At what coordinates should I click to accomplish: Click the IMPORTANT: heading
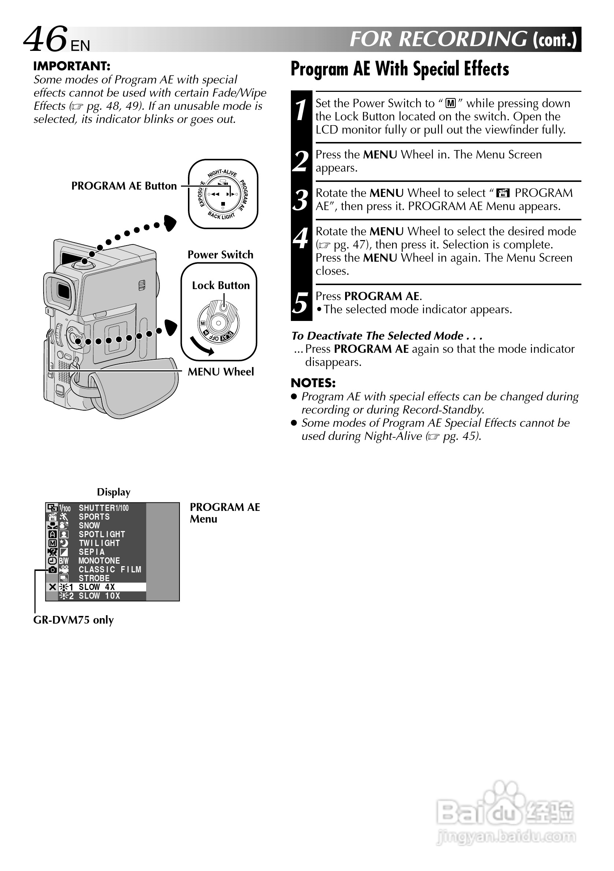click(72, 66)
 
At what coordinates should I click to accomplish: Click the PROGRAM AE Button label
click(124, 186)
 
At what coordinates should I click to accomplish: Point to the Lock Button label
click(221, 285)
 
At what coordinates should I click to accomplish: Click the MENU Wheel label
click(221, 372)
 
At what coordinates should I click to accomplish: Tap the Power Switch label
click(220, 255)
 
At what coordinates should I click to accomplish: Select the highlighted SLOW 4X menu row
click(96, 587)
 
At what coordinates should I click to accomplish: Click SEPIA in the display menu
click(92, 552)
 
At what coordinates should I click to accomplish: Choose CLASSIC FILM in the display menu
click(110, 569)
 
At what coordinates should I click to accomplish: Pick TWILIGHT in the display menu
click(99, 543)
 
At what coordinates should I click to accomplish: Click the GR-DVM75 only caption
click(73, 620)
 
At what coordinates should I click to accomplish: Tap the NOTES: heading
click(313, 383)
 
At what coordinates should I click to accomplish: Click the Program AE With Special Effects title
click(399, 69)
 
